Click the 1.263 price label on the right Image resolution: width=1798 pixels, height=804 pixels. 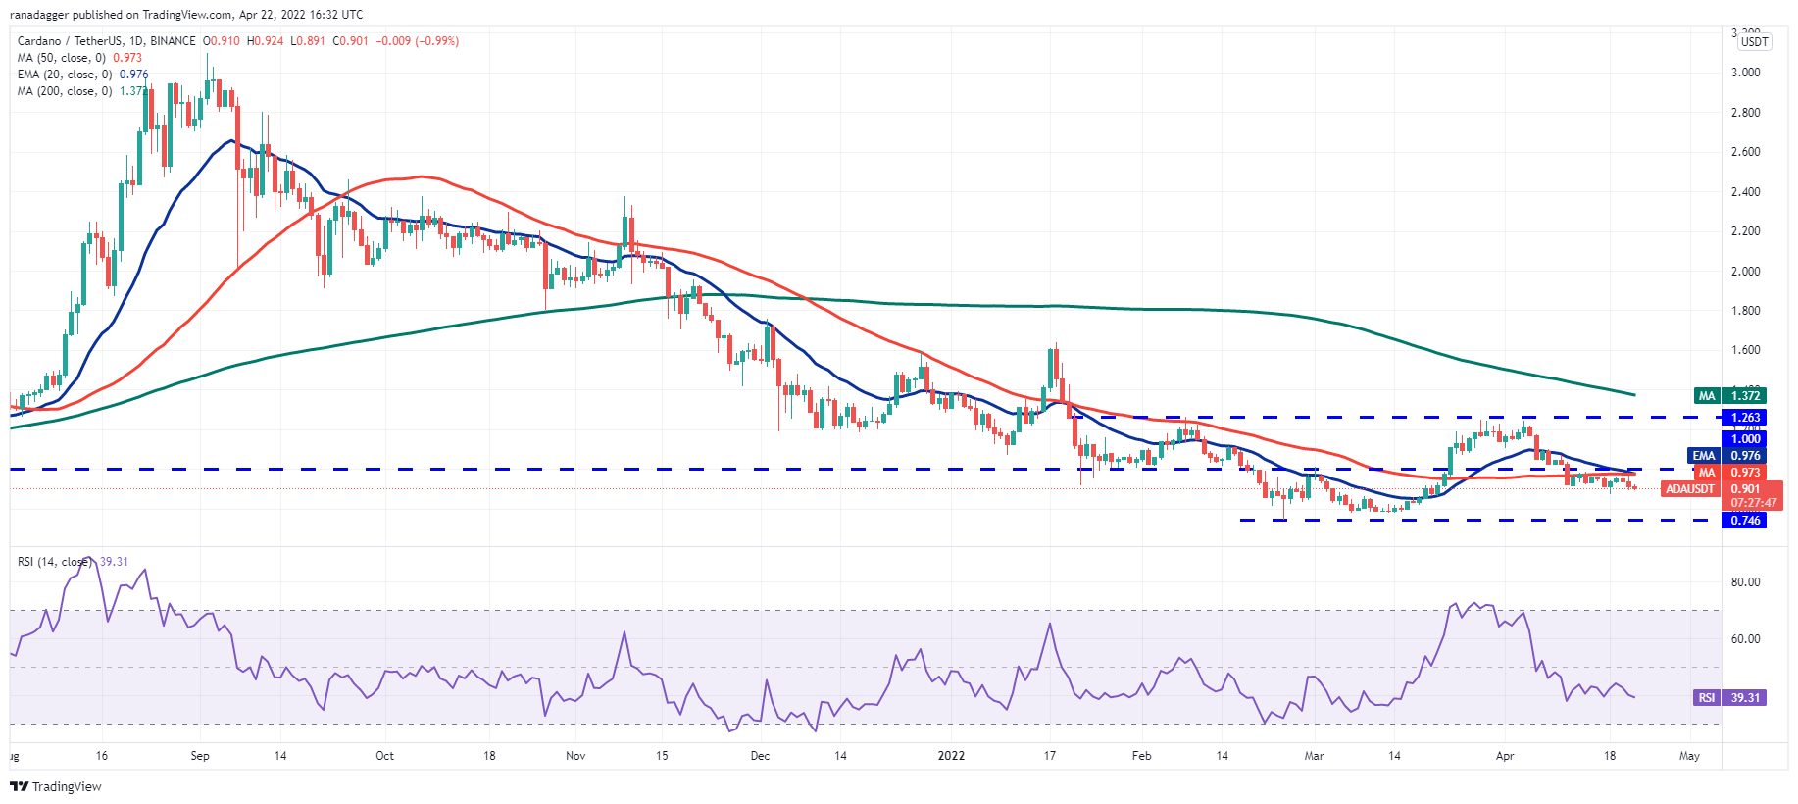(1744, 418)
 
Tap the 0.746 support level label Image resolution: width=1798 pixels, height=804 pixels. (1744, 521)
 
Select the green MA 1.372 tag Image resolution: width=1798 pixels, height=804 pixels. (1730, 396)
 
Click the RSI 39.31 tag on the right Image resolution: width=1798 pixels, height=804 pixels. (1730, 698)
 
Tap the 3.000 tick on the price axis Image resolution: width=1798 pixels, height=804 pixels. (1745, 73)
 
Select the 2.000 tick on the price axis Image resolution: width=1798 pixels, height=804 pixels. (1745, 272)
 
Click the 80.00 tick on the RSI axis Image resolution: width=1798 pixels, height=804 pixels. (1745, 582)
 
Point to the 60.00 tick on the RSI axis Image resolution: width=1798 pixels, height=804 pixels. (1745, 639)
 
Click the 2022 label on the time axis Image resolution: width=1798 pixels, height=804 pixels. (951, 756)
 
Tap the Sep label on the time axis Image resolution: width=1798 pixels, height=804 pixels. (200, 756)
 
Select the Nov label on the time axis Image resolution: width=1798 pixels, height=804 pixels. (575, 756)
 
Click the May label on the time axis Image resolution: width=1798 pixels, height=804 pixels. (1689, 756)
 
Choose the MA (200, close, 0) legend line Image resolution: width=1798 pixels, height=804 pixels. (65, 91)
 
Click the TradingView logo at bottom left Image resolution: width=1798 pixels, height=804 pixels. (56, 786)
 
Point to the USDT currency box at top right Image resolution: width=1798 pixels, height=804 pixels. (1754, 41)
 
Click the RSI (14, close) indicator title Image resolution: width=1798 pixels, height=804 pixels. (55, 562)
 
